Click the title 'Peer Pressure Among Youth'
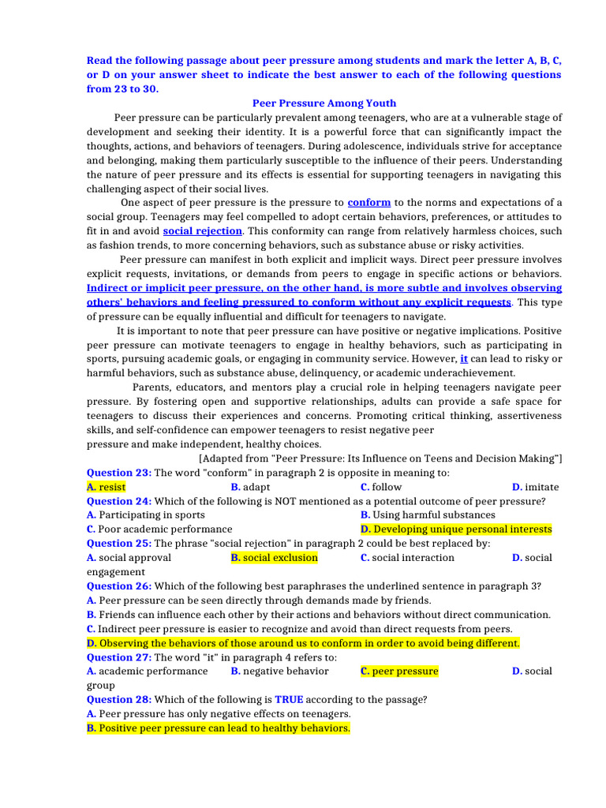(324, 103)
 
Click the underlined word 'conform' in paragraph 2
(369, 203)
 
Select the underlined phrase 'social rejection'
(203, 231)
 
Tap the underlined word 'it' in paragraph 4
(464, 359)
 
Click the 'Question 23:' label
(119, 473)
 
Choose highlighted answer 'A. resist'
(107, 487)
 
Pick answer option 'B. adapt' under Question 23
(250, 487)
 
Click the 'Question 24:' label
(119, 501)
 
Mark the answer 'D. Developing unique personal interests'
(456, 529)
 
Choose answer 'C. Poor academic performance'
(159, 529)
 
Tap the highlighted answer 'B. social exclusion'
(274, 558)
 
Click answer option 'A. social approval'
(129, 558)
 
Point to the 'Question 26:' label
(119, 586)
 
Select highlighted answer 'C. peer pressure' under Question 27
(399, 671)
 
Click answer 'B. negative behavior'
(279, 671)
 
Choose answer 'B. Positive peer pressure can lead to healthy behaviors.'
(218, 728)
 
